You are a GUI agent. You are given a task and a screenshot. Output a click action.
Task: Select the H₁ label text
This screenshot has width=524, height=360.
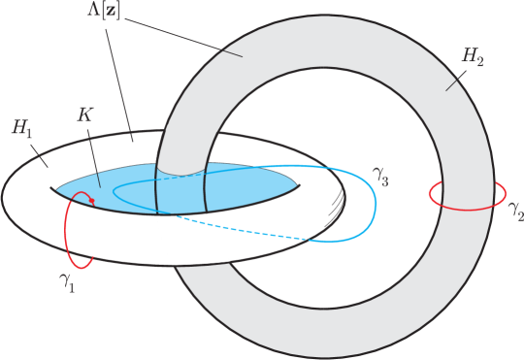click(x=22, y=128)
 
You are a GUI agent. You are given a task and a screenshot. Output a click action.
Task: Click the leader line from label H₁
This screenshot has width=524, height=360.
click(x=40, y=154)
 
